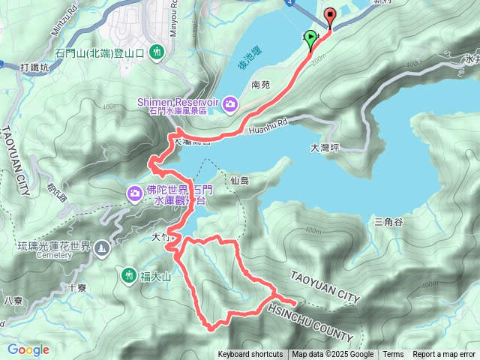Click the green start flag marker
click(311, 43)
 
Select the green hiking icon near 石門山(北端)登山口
click(157, 52)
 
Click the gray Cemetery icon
click(102, 247)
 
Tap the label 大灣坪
click(325, 148)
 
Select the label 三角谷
click(388, 221)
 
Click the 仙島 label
click(240, 180)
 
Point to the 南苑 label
click(261, 85)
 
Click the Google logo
click(28, 349)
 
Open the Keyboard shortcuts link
click(250, 355)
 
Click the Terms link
click(393, 355)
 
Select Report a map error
click(445, 355)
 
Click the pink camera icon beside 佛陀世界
click(135, 194)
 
